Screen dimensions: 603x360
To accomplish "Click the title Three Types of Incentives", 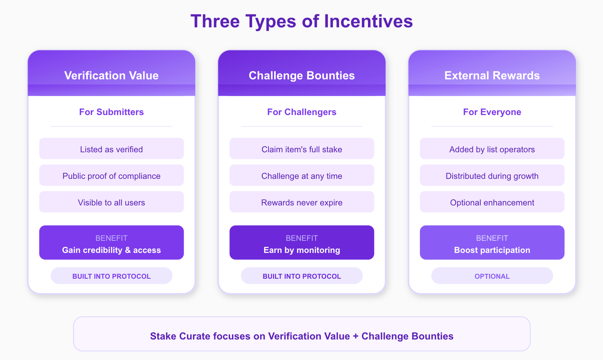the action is pyautogui.click(x=301, y=21).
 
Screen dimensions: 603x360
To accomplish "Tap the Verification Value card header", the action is pyautogui.click(x=111, y=73).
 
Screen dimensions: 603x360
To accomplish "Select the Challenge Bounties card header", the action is pyautogui.click(x=302, y=73).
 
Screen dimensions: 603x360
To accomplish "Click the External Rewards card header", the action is pyautogui.click(x=492, y=73).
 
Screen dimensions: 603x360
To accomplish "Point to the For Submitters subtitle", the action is pyautogui.click(x=111, y=112).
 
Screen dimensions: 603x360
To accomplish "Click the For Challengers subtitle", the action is pyautogui.click(x=302, y=112).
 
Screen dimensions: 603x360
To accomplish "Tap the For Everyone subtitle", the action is pyautogui.click(x=492, y=112).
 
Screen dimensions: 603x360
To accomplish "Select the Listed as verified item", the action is pyautogui.click(x=111, y=148).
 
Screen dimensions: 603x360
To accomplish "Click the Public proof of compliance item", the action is pyautogui.click(x=111, y=175).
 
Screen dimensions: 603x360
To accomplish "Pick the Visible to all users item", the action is pyautogui.click(x=111, y=202).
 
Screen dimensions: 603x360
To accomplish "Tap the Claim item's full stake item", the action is pyautogui.click(x=302, y=148).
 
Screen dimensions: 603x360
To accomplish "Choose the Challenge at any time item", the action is pyautogui.click(x=302, y=175).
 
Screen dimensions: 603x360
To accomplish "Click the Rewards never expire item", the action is pyautogui.click(x=302, y=202).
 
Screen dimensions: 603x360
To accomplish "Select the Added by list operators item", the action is pyautogui.click(x=492, y=148).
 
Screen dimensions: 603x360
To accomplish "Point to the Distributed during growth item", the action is pyautogui.click(x=492, y=175).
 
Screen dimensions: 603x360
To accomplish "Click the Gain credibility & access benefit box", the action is pyautogui.click(x=111, y=243).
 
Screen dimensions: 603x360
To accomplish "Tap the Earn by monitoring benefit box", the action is pyautogui.click(x=302, y=243).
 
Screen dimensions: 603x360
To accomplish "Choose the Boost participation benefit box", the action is pyautogui.click(x=492, y=243).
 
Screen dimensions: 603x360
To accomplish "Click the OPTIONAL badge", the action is pyautogui.click(x=492, y=276).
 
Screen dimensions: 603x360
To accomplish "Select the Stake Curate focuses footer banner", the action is pyautogui.click(x=302, y=334).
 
